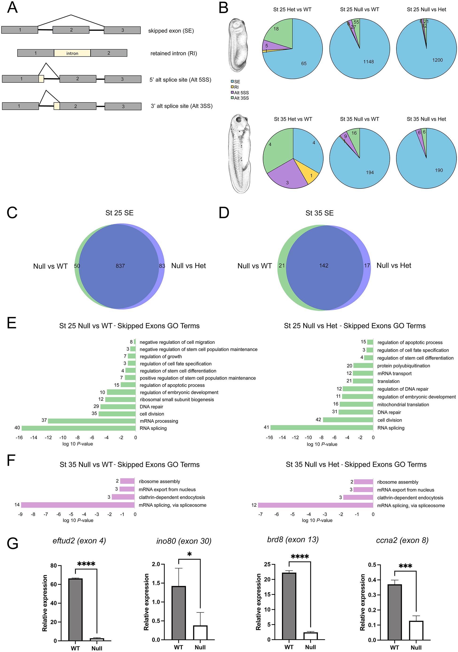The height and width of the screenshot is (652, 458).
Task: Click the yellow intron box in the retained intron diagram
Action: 72,53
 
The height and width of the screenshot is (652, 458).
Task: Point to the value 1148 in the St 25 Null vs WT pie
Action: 368,62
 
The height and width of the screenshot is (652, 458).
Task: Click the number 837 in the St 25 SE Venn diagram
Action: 120,266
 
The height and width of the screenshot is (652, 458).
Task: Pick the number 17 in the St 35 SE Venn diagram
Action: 367,265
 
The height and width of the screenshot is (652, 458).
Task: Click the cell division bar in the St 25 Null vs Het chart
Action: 348,420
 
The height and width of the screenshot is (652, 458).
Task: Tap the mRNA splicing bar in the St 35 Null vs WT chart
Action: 78,505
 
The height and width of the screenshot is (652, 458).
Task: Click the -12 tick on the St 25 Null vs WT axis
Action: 48,438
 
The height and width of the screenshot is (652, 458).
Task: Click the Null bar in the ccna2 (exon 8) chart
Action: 416,630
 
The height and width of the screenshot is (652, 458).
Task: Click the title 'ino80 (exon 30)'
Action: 184,541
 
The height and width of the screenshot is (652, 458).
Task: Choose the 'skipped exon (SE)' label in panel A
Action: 171,31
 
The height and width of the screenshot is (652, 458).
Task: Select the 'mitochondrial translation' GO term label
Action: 403,404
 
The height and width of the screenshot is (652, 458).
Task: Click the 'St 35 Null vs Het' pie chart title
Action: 426,119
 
